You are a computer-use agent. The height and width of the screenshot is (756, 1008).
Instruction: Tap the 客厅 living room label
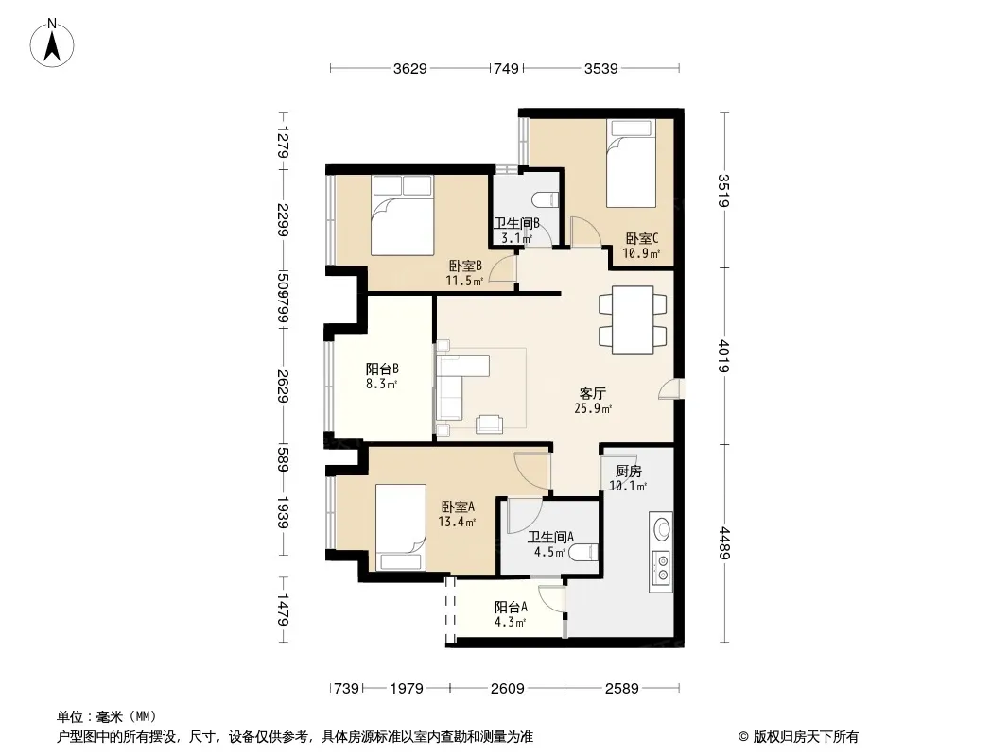pyautogui.click(x=592, y=394)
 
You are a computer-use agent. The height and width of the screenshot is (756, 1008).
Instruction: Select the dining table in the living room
pyautogui.click(x=633, y=319)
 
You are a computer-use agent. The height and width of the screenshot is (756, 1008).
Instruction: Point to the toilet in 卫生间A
pyautogui.click(x=585, y=552)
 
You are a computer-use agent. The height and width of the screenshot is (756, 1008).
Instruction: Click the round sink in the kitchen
pyautogui.click(x=662, y=530)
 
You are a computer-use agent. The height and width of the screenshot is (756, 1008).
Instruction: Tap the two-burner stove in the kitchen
pyautogui.click(x=662, y=568)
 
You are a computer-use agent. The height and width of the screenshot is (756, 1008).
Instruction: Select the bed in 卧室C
pyautogui.click(x=632, y=163)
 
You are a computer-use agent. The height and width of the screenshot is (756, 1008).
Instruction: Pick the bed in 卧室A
pyautogui.click(x=401, y=526)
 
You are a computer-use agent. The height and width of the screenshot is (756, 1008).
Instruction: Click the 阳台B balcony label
pyautogui.click(x=382, y=369)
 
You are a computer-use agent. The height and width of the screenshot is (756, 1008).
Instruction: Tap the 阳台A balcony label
pyautogui.click(x=511, y=607)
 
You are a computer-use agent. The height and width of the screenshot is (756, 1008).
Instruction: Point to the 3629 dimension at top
pyautogui.click(x=410, y=68)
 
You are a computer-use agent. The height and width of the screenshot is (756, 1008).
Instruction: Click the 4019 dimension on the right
pyautogui.click(x=724, y=356)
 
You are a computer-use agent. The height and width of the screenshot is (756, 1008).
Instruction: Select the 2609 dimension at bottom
pyautogui.click(x=507, y=689)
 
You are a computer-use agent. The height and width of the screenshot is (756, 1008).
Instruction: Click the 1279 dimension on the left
pyautogui.click(x=283, y=142)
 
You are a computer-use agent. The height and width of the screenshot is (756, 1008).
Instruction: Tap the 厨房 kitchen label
pyautogui.click(x=628, y=472)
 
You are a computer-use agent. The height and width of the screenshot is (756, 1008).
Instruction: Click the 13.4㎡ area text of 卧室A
pyautogui.click(x=457, y=522)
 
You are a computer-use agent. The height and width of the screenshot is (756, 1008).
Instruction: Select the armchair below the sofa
pyautogui.click(x=489, y=424)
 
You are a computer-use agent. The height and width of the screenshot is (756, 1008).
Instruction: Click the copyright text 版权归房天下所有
pyautogui.click(x=806, y=737)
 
